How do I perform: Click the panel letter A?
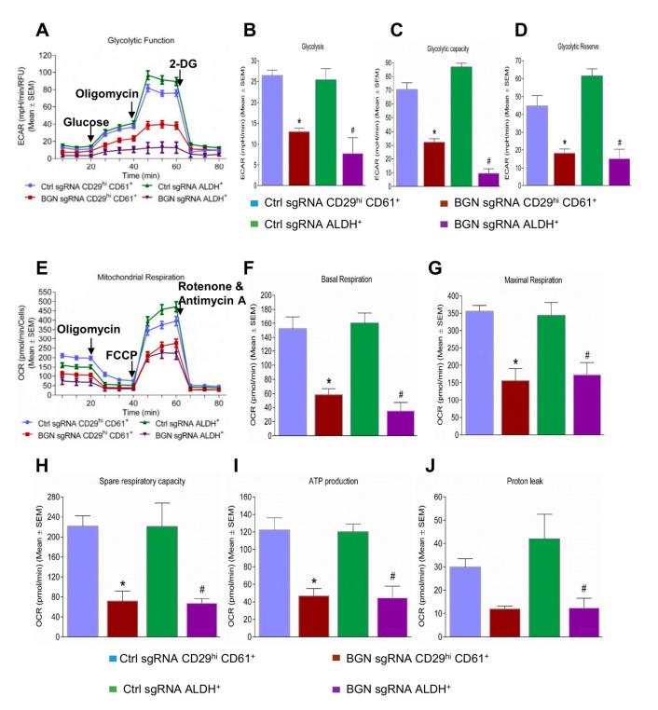(x=43, y=29)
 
